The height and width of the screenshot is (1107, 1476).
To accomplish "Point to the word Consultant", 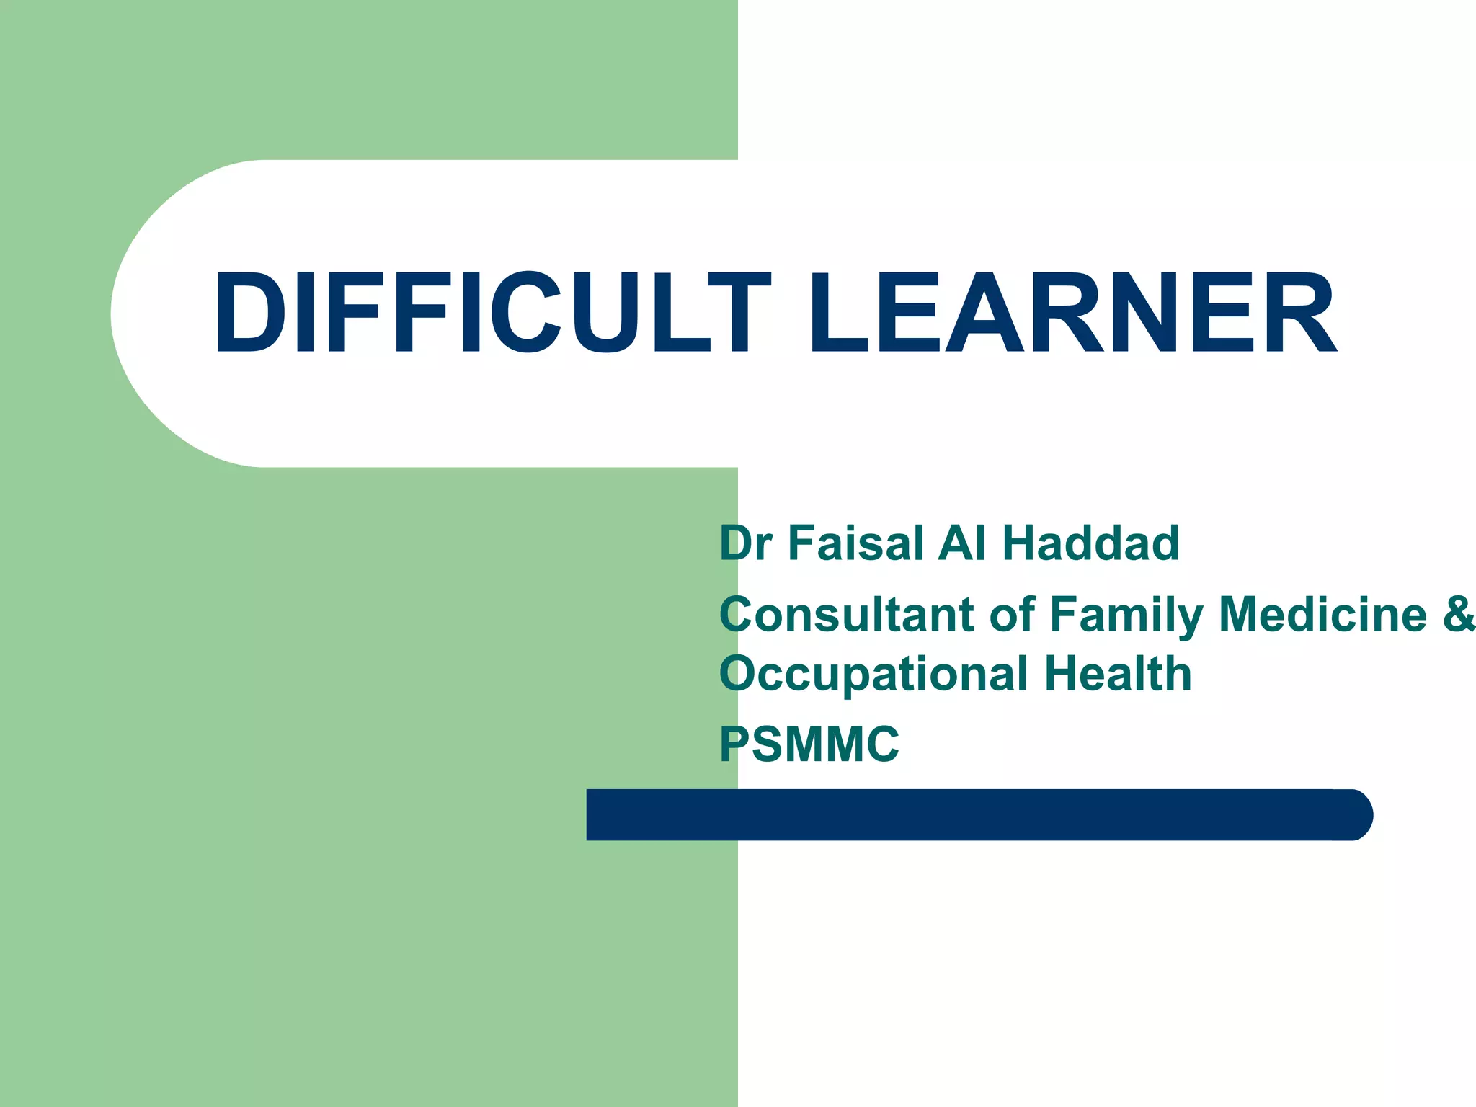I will tap(847, 615).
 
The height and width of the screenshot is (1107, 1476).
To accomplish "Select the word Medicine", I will tap(1322, 614).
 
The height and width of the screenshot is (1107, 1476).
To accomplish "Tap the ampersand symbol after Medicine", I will tap(1459, 614).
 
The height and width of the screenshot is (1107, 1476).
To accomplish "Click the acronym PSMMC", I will tap(809, 744).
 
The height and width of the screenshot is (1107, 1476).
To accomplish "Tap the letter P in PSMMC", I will tap(734, 744).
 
